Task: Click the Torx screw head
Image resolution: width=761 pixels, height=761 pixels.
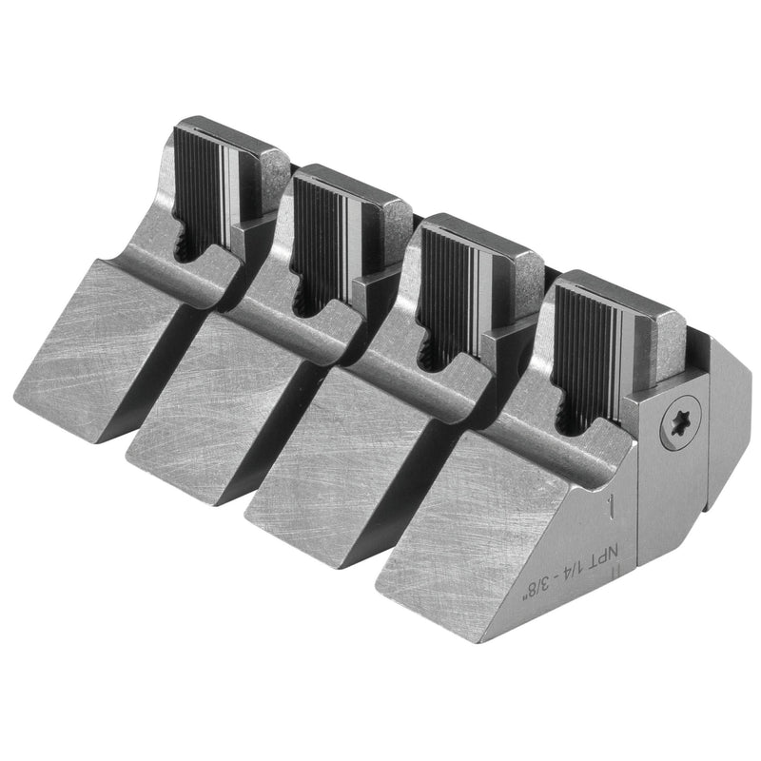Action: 680,421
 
